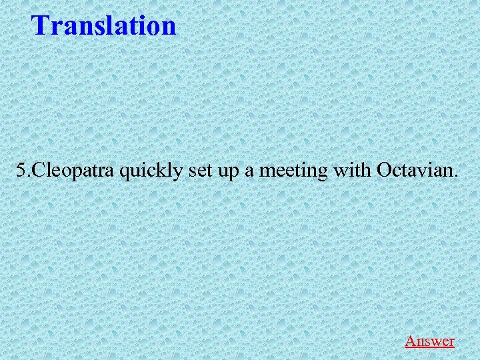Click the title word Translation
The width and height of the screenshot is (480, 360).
[x=104, y=25]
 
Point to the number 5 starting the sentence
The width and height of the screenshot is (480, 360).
[x=21, y=171]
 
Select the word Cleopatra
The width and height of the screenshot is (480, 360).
[x=74, y=171]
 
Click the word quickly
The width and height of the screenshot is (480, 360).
[x=153, y=172]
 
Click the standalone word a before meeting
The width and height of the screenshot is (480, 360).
[x=248, y=173]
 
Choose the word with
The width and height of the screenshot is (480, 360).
[x=352, y=171]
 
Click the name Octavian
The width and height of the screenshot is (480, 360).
[x=415, y=171]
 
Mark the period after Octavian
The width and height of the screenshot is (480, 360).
[x=457, y=177]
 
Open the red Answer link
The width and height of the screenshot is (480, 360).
[x=429, y=341]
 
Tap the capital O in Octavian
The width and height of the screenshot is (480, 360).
[x=383, y=171]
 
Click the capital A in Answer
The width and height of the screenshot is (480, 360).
[x=410, y=341]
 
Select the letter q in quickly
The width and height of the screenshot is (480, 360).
[x=125, y=173]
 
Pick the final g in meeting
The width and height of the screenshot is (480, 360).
[x=323, y=173]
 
